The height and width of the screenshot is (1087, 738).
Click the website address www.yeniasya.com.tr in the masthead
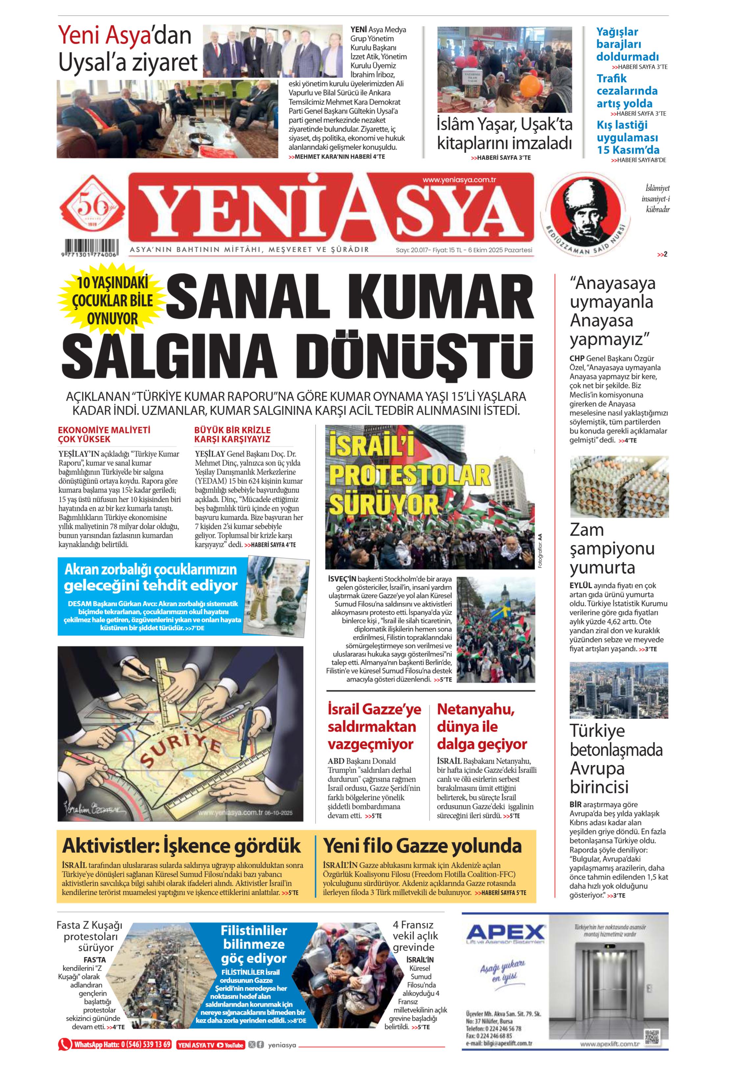[x=459, y=179]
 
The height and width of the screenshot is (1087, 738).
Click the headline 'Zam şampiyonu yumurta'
[x=612, y=549]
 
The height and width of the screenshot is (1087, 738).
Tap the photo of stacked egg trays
[x=619, y=486]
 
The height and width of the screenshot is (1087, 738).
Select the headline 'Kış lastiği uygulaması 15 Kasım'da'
[x=627, y=137]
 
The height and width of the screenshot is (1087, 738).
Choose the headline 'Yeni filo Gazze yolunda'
[x=422, y=846]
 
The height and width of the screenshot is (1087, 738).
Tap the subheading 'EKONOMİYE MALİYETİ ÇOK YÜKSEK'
[x=104, y=435]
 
